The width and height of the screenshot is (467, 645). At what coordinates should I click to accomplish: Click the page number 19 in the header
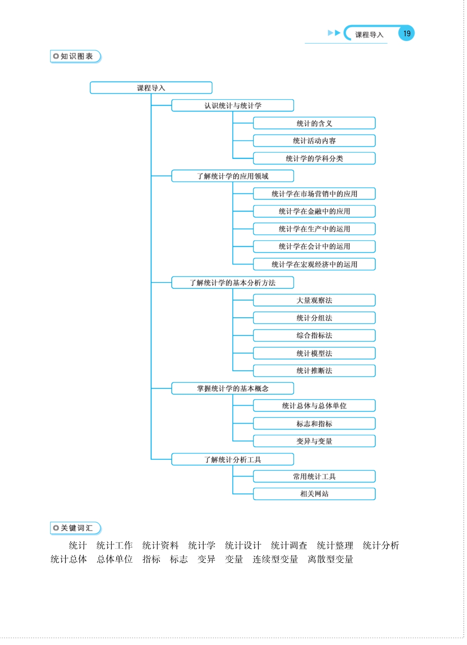pos(406,34)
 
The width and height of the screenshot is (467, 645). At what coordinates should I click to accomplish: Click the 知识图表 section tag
pos(76,56)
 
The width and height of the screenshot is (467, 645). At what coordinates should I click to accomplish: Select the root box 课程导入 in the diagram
pos(151,88)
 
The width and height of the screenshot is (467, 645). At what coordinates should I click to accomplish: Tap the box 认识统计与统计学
pos(233,105)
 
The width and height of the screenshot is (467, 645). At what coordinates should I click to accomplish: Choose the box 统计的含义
pos(314,123)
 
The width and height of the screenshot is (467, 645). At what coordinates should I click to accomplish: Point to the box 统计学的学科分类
pos(314,158)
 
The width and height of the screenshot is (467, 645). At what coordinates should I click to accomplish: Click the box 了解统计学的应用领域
pos(233,176)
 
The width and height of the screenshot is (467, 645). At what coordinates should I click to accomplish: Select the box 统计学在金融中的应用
pos(314,211)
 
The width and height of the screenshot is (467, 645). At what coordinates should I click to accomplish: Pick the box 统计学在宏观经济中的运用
pos(314,264)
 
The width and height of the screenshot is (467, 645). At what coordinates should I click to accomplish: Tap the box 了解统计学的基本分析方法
pos(233,283)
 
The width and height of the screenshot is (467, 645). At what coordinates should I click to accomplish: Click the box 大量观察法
pos(314,300)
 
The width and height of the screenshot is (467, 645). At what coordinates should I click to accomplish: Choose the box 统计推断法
pos(314,371)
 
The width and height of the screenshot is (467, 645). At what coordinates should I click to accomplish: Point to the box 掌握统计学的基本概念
pos(233,388)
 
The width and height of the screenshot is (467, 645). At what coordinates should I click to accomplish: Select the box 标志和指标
pos(314,424)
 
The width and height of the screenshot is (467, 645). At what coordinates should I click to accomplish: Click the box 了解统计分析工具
pos(233,459)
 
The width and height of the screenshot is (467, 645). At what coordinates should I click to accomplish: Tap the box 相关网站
pos(314,494)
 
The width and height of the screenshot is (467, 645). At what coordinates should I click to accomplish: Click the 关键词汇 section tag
pos(76,528)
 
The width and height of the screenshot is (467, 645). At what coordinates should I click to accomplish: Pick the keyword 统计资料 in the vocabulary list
pos(160,545)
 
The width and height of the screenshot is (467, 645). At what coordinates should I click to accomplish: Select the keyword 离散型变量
pos(330,559)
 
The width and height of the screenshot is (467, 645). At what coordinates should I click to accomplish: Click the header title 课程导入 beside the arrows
pos(369,35)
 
